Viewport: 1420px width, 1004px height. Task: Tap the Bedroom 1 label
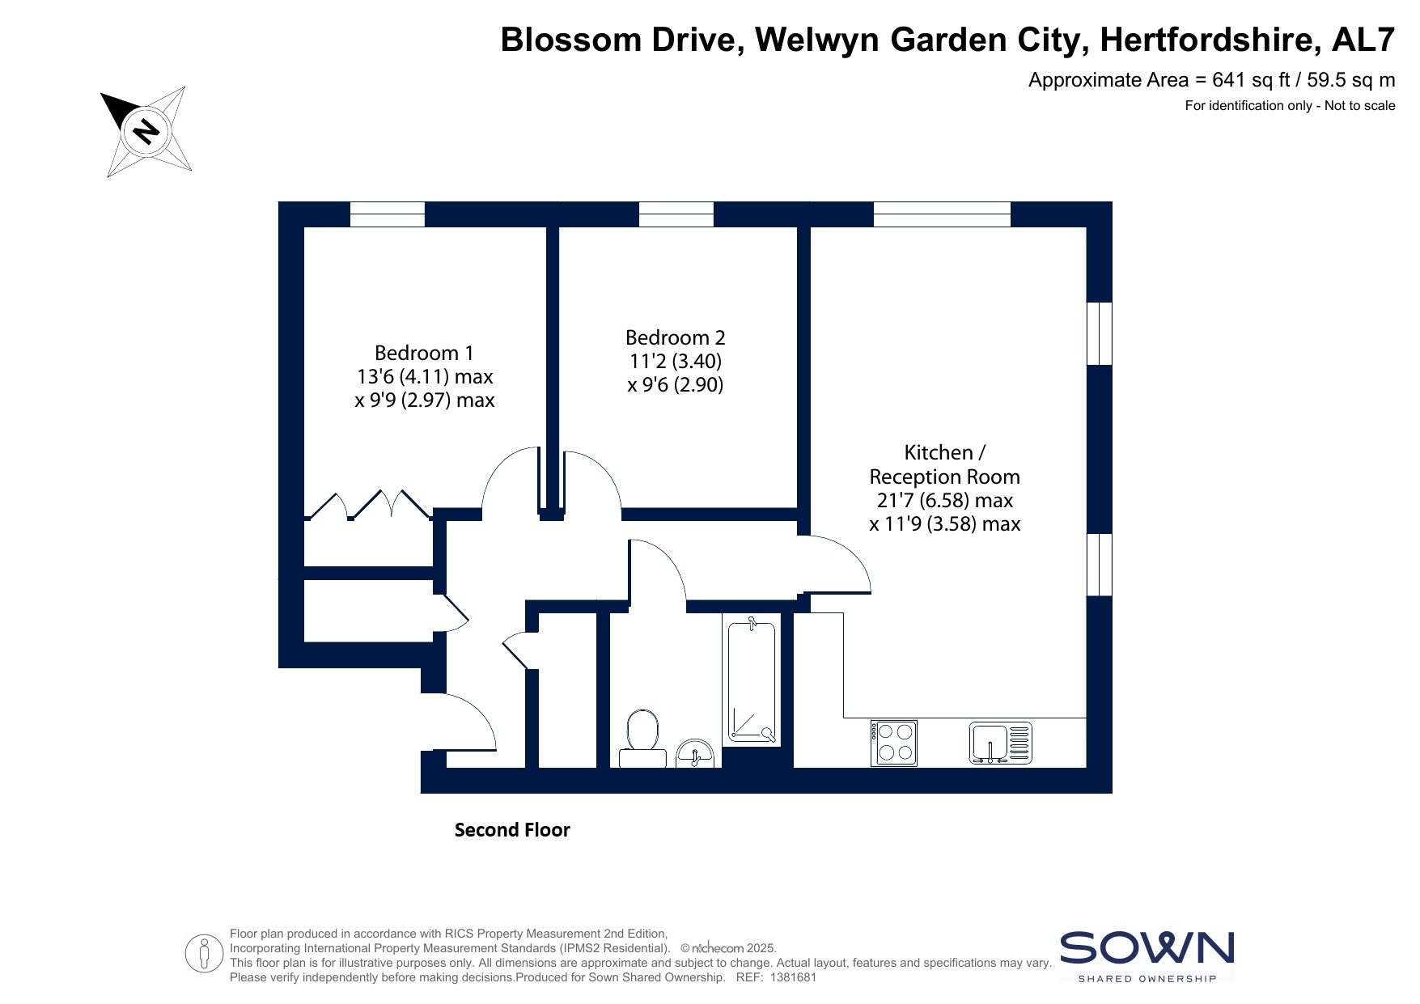click(424, 354)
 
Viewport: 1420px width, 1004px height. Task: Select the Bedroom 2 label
click(676, 337)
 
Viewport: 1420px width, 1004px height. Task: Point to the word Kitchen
click(939, 452)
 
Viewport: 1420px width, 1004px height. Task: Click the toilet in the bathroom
click(642, 739)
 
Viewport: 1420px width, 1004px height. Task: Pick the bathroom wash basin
click(695, 753)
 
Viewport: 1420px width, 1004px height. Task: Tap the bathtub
click(752, 680)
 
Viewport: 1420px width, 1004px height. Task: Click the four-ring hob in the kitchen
click(894, 743)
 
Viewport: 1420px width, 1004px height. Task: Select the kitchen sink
click(1001, 743)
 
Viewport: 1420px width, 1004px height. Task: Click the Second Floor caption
click(512, 830)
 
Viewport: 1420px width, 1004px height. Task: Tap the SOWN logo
click(1147, 956)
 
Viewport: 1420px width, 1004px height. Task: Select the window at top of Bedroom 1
click(388, 214)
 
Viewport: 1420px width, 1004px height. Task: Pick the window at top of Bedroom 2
click(676, 214)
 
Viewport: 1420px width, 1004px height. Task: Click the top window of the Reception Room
click(943, 214)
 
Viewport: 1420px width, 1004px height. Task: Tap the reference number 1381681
click(795, 977)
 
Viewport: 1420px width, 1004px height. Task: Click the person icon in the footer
click(204, 954)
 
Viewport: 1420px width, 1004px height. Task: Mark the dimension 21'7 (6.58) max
click(945, 500)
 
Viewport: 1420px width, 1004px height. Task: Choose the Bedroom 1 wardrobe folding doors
click(368, 504)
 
